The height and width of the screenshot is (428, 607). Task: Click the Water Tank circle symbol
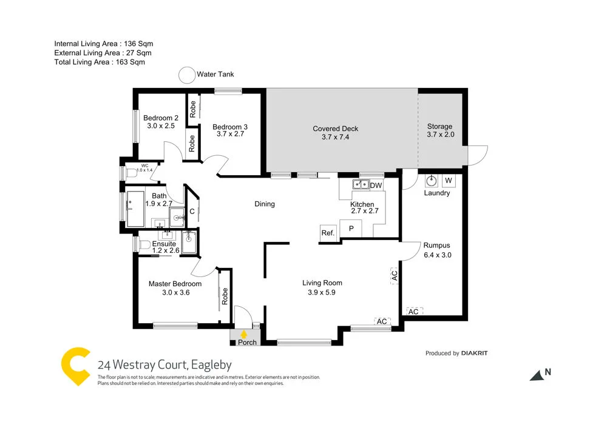[x=186, y=75]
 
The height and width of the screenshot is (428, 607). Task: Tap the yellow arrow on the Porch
[x=244, y=333]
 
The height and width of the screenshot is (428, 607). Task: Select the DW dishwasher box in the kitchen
[x=376, y=186]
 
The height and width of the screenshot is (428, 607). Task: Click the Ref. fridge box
[x=328, y=233]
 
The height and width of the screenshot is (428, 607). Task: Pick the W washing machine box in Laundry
[x=449, y=181]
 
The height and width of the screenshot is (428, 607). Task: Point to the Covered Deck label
[x=335, y=129]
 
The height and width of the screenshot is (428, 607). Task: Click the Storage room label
[x=439, y=127]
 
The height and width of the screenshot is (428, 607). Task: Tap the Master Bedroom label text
[x=175, y=284]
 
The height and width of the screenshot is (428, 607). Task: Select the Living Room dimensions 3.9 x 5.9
[x=322, y=293]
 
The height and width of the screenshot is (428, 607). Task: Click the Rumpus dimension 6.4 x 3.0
[x=437, y=255]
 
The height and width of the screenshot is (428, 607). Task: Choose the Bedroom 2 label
[x=160, y=118]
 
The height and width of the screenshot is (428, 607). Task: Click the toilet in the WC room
[x=129, y=172]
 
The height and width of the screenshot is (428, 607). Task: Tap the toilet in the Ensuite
[x=143, y=246]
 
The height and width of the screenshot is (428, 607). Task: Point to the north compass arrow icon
[x=537, y=376]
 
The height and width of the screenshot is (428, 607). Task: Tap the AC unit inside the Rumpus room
[x=414, y=311]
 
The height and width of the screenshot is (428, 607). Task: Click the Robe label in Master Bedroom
[x=224, y=296]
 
